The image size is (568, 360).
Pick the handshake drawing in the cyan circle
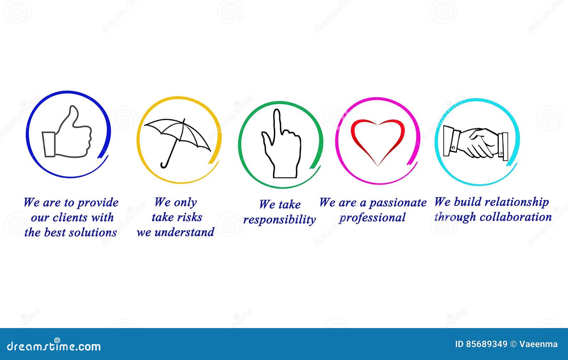[x=476, y=143]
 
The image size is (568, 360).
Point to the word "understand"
[x=184, y=232]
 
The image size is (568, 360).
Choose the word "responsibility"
[x=279, y=220]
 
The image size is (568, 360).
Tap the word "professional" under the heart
[x=372, y=218]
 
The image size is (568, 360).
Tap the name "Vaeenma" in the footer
[x=538, y=344]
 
